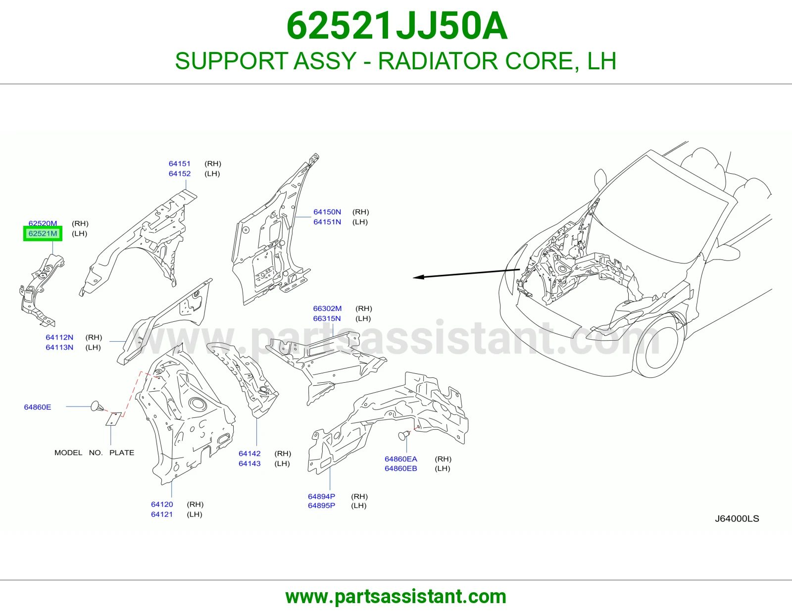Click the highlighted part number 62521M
[x=43, y=233]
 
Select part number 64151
[x=179, y=164]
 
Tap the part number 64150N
[x=327, y=212]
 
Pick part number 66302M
[x=327, y=308]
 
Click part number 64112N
[x=59, y=337]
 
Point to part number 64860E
[x=38, y=407]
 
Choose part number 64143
[x=249, y=463]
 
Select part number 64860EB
[x=400, y=468]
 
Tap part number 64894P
[x=321, y=496]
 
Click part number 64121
[x=162, y=514]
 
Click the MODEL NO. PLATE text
[x=94, y=453]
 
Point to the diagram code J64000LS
[x=737, y=518]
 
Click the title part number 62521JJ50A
[x=396, y=26]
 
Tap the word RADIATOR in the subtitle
[x=438, y=60]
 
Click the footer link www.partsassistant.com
[x=396, y=597]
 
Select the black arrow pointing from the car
[x=466, y=273]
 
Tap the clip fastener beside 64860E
[x=97, y=407]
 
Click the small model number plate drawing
[x=113, y=418]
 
